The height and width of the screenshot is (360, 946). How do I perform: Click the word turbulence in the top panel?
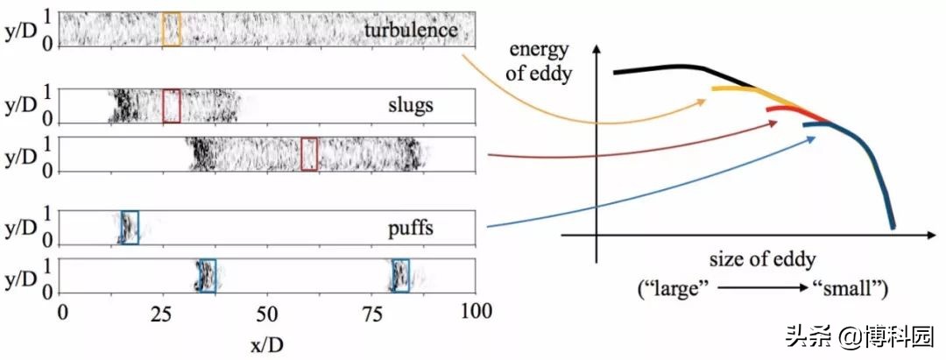pos(410,29)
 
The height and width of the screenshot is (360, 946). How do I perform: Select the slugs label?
pos(410,105)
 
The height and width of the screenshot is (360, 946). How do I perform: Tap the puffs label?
pos(410,229)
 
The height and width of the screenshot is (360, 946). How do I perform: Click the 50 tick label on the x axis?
pos(267,312)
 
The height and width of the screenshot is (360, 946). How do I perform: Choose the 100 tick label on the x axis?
pos(476,312)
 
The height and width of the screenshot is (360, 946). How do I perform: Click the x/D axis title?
pos(266,345)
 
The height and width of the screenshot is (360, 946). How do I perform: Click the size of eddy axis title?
pos(763,260)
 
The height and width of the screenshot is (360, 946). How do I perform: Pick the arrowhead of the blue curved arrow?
pos(811,139)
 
